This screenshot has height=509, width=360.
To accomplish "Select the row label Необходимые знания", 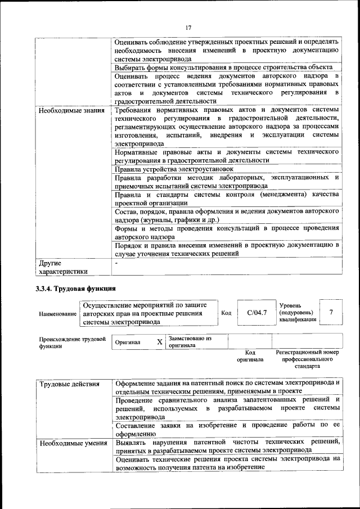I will click(x=71, y=110).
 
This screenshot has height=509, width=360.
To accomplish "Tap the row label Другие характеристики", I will click(x=62, y=267).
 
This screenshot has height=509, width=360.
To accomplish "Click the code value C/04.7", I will click(x=256, y=312).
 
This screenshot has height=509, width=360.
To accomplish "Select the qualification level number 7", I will click(x=331, y=312).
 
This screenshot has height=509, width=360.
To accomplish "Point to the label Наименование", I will click(x=58, y=313).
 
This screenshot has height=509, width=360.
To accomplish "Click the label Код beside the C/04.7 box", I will click(x=226, y=313).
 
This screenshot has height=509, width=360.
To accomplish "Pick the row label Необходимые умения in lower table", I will click(x=73, y=443).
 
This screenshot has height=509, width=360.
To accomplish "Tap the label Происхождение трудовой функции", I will click(x=73, y=343).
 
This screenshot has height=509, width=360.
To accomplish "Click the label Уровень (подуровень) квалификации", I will click(x=298, y=312).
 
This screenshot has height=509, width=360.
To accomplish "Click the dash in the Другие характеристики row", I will click(x=116, y=263).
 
